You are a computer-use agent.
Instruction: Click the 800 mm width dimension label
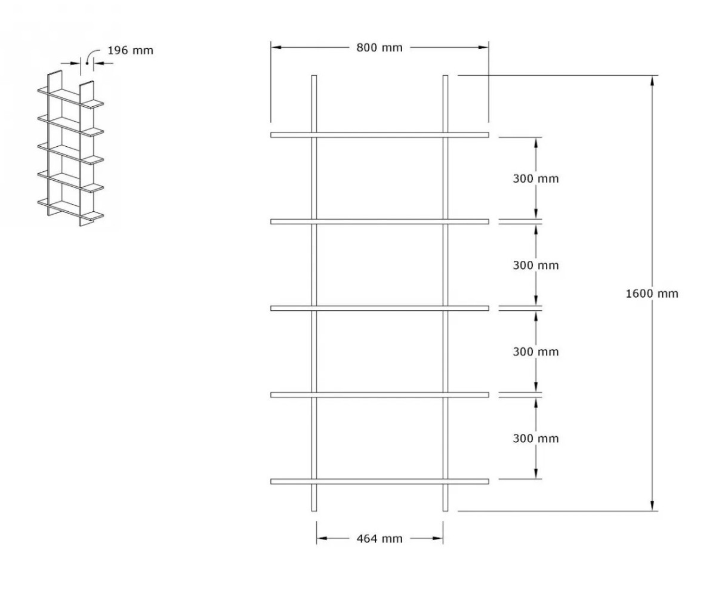[x=379, y=48]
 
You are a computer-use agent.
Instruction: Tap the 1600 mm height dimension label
[x=652, y=293]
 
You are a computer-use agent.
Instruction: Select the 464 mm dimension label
[x=379, y=538]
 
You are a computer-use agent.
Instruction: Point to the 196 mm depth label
[x=130, y=50]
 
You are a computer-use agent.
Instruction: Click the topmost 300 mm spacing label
[x=535, y=178]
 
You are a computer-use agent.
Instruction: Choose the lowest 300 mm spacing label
[x=535, y=438]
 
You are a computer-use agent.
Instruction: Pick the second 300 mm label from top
[x=535, y=266]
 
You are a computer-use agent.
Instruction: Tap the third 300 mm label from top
[x=535, y=351]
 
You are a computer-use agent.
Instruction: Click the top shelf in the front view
[x=380, y=135]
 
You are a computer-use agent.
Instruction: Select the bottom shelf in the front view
[x=380, y=482]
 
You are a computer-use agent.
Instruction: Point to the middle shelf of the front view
[x=380, y=308]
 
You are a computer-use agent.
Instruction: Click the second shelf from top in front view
[x=380, y=221]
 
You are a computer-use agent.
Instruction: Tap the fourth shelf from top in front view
[x=380, y=395]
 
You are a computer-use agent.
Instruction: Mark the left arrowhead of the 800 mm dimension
[x=276, y=47]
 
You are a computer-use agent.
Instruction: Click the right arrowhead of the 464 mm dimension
[x=438, y=538]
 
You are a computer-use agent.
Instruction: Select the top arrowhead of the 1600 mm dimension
[x=652, y=81]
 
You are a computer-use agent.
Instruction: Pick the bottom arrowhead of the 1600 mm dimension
[x=652, y=506]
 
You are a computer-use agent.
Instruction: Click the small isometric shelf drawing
[x=70, y=148]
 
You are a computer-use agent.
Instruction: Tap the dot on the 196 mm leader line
[x=87, y=63]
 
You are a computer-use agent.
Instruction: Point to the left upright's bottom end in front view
[x=314, y=511]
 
